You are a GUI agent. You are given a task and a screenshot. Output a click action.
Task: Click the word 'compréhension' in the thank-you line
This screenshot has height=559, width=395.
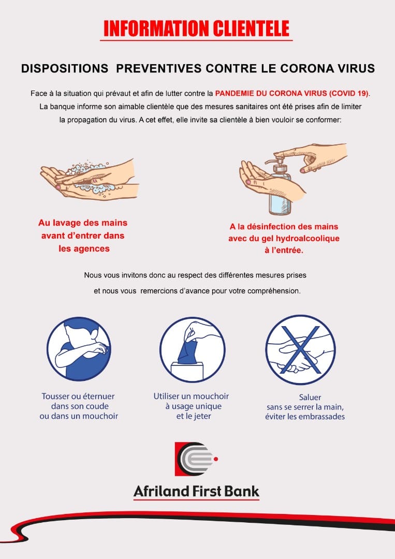pos(273,291)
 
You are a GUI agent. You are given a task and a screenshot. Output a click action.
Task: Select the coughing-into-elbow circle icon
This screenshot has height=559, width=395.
pos(79,349)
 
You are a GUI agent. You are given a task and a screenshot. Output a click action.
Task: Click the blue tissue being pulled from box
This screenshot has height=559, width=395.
pos(187,351)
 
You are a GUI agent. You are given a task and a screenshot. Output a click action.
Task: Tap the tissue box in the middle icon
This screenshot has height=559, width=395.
pos(187,371)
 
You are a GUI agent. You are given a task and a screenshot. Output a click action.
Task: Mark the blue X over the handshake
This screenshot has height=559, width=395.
pos(300,350)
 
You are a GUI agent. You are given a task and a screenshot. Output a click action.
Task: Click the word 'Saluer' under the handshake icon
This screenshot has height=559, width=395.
pos(310,397)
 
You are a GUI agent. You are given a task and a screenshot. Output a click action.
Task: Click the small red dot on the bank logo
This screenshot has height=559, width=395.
pos(216,459)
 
